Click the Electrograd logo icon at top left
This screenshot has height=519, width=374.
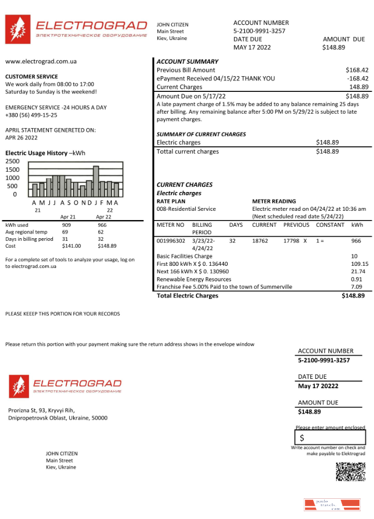18,29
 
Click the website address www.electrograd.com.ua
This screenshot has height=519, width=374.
41,61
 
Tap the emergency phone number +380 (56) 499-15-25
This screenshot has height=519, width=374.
31,115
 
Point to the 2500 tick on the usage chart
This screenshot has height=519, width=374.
12,161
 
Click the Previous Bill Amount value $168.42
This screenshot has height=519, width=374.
357,70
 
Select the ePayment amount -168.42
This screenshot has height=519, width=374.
357,78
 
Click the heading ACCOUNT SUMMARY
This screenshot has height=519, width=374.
188,61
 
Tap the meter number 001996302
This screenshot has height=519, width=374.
171,241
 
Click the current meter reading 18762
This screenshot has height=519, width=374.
260,241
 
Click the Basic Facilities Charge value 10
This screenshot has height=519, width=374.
354,256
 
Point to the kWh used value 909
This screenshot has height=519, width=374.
66,225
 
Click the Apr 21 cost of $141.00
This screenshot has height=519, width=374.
71,246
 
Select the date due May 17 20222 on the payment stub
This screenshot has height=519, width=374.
318,386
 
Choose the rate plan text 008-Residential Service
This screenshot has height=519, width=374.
186,209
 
